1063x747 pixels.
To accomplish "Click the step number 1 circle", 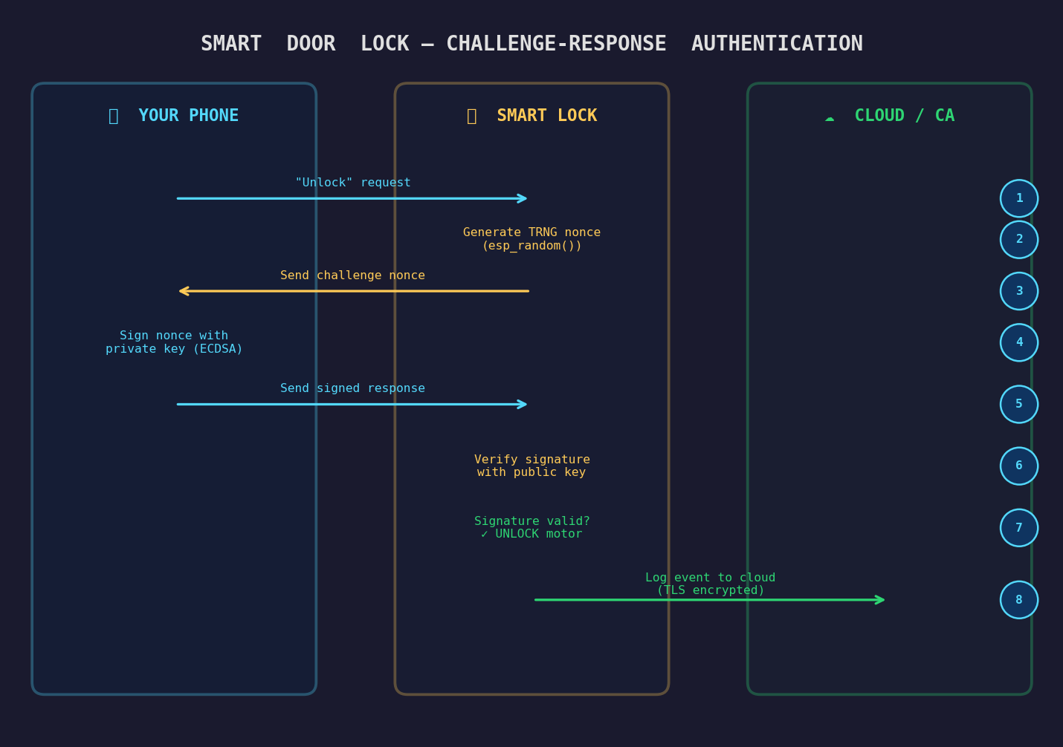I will (x=1018, y=198).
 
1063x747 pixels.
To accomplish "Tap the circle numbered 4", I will (x=1018, y=342).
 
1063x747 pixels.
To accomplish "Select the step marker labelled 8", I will (x=1018, y=600).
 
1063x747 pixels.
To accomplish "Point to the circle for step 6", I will (x=1018, y=466).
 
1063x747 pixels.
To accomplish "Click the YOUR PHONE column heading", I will (x=188, y=116).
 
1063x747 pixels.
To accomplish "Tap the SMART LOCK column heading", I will (x=546, y=116).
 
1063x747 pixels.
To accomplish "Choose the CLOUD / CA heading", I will (x=904, y=116).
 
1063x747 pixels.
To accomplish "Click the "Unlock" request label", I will (x=352, y=183).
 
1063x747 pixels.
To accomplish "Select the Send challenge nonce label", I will (x=352, y=275).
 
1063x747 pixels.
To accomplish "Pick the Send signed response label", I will (x=352, y=388).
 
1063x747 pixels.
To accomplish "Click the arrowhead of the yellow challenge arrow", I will (x=182, y=291).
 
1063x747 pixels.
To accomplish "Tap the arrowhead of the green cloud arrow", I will (x=881, y=600).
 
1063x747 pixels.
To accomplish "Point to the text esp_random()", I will (x=532, y=246).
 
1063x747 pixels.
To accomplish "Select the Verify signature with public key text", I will (x=531, y=466).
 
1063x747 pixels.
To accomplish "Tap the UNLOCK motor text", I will (x=538, y=534).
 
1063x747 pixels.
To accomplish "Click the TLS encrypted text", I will (x=711, y=590).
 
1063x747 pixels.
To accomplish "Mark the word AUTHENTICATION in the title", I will (x=777, y=44).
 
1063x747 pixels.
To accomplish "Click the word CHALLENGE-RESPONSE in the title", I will (x=556, y=44).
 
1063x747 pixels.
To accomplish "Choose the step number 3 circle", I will (x=1018, y=291).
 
